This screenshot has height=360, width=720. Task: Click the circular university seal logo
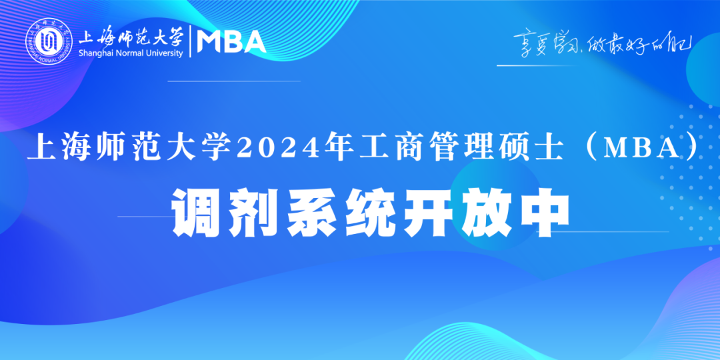pyautogui.click(x=49, y=43)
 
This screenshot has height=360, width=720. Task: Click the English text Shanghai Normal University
pyautogui.click(x=131, y=53)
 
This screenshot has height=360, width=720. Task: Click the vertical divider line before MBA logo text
pyautogui.click(x=191, y=42)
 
